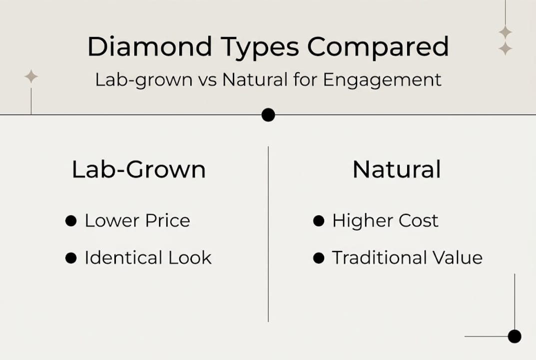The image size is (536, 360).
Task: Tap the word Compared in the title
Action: pos(378,47)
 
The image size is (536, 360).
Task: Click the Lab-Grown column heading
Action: pos(138,170)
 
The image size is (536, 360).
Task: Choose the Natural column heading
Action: pos(397,169)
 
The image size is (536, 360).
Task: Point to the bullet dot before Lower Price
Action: pos(71,221)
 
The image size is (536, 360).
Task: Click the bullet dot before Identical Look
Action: pos(71,258)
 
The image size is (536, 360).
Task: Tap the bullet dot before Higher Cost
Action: pos(319,221)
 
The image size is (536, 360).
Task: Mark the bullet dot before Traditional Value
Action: pos(319,258)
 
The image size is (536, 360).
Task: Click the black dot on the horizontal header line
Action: pos(268,115)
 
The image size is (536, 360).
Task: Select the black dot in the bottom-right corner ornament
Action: pos(515,336)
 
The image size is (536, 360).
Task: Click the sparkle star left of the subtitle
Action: pos(31,76)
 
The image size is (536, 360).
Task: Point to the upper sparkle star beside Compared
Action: pos(505,32)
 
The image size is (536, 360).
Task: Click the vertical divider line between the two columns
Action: pos(268,235)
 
